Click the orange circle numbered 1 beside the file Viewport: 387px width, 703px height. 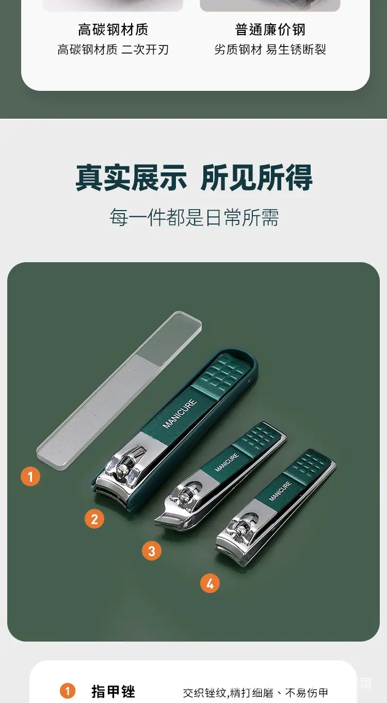30,476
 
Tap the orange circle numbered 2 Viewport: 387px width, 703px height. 94,519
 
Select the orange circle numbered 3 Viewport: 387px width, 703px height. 152,551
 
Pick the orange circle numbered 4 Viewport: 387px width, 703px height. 210,583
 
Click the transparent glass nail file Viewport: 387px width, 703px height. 119,391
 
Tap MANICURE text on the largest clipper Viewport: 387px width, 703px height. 180,413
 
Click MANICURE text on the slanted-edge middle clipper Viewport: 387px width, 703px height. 227,462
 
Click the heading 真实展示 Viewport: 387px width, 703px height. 131,178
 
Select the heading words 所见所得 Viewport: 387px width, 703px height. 257,178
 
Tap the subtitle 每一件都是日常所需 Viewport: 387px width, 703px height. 194,217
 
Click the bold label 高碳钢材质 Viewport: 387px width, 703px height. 113,29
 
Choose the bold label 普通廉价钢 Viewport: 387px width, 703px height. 270,29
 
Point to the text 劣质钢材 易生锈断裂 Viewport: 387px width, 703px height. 270,49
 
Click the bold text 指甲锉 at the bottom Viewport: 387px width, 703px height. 114,692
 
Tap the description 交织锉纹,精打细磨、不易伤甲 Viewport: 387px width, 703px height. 255,693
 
